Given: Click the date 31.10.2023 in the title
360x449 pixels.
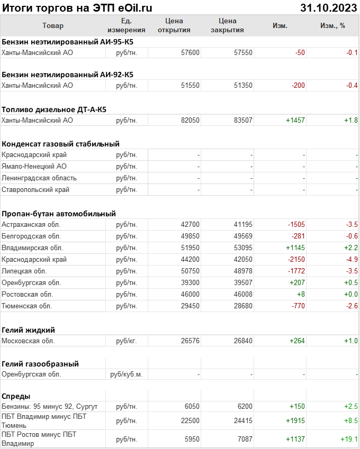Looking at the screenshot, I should (x=328, y=8).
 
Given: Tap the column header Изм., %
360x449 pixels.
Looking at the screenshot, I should (x=332, y=26).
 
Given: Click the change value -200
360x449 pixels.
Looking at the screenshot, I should (x=296, y=86).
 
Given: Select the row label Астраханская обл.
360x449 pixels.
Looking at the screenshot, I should (x=31, y=225).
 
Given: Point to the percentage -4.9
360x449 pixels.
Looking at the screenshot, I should (x=352, y=260).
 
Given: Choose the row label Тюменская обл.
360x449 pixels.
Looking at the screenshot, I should (x=28, y=306).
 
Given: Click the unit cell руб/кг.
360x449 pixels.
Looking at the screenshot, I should (x=127, y=341).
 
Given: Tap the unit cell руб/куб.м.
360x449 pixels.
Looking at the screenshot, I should (x=127, y=374).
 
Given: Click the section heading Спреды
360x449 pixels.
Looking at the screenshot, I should (x=16, y=396).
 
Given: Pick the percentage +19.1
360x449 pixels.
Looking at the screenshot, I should (x=348, y=439).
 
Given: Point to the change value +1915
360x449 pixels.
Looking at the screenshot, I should (x=295, y=421).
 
